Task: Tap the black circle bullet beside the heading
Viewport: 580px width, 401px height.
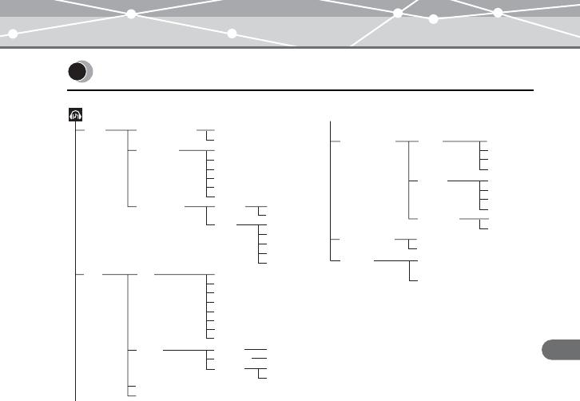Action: (77, 73)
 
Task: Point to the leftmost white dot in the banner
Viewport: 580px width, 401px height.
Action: (14, 34)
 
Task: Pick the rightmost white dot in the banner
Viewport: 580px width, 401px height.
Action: (498, 12)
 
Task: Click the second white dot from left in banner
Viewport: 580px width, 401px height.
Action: (130, 14)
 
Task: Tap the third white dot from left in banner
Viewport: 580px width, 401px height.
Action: (232, 34)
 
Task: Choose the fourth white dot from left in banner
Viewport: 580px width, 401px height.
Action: (398, 13)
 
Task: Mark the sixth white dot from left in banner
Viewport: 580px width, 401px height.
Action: (498, 12)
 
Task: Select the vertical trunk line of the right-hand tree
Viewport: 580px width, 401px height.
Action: (331, 192)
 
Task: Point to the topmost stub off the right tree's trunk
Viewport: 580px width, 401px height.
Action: (336, 141)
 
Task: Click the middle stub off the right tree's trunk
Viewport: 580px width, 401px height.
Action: (336, 239)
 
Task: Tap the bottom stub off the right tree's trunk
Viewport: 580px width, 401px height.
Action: (336, 260)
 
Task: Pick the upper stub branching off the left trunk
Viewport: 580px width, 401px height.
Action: (81, 129)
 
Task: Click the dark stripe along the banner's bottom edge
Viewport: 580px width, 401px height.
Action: (290, 47)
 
